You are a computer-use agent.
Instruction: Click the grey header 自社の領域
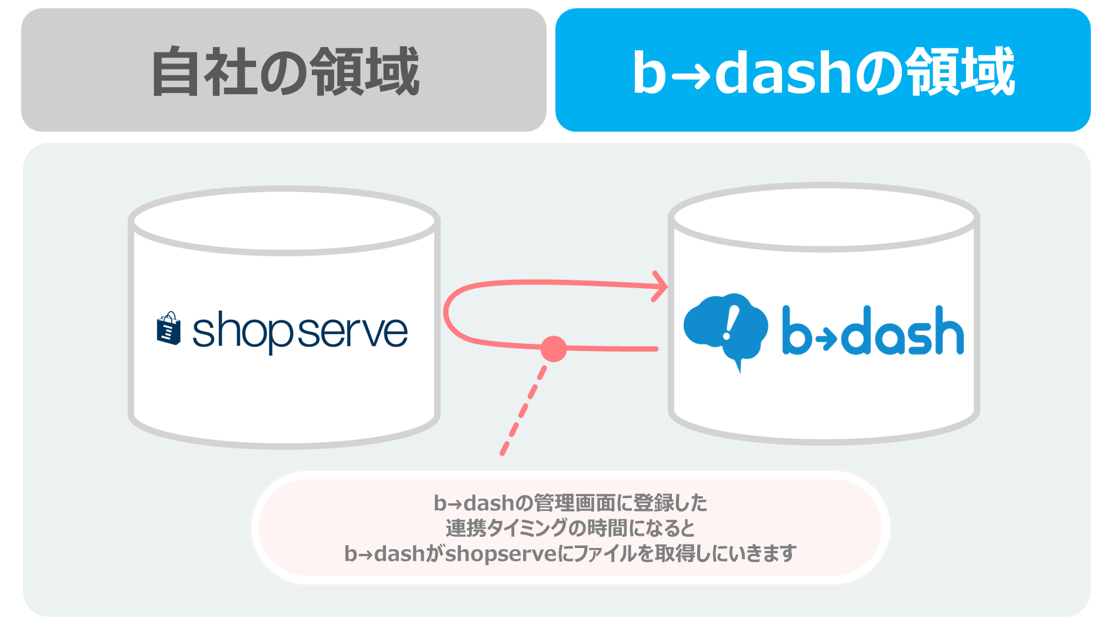(x=284, y=70)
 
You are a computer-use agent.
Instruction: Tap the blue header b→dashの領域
(x=823, y=70)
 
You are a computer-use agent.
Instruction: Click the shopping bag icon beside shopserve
(x=168, y=328)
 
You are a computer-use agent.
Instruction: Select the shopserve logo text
(x=300, y=331)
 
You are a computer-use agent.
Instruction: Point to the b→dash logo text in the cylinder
(x=873, y=330)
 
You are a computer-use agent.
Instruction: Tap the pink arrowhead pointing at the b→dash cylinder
(x=660, y=286)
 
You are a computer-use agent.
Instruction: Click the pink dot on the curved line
(x=553, y=349)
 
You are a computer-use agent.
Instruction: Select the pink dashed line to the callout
(x=524, y=410)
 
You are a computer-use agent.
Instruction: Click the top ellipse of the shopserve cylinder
(x=284, y=221)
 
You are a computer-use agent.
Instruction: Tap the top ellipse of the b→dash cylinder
(x=824, y=217)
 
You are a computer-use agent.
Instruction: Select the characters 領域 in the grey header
(x=365, y=71)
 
